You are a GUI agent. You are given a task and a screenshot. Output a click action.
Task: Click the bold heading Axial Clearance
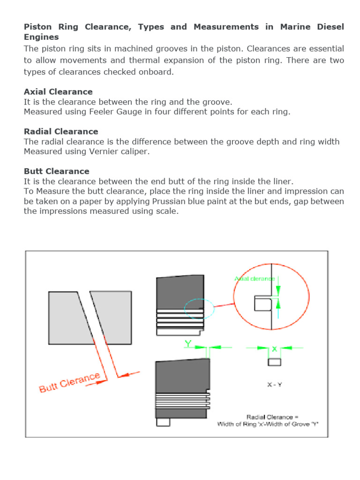pyautogui.click(x=58, y=92)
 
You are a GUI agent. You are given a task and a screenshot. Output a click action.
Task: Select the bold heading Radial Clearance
pyautogui.click(x=61, y=132)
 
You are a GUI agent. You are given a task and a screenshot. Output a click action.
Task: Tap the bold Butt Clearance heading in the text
pyautogui.click(x=56, y=171)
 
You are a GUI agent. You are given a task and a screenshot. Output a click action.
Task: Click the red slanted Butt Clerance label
pyautogui.click(x=69, y=382)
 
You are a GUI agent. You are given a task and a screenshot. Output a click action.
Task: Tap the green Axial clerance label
pyautogui.click(x=255, y=278)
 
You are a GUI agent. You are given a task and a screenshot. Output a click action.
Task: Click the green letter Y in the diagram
pyautogui.click(x=188, y=344)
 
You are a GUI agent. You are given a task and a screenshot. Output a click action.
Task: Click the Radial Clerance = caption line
pyautogui.click(x=272, y=417)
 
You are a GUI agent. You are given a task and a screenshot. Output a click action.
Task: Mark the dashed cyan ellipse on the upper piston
pyautogui.click(x=199, y=309)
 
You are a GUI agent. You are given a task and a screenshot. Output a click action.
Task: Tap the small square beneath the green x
pyautogui.click(x=274, y=362)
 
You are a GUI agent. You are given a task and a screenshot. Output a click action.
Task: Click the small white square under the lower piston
pyautogui.click(x=163, y=422)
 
